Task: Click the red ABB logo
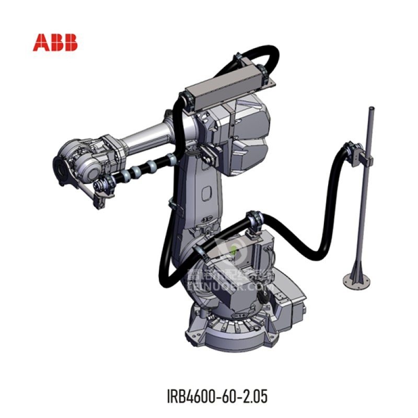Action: tap(55, 42)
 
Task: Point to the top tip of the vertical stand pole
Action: tap(371, 109)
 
